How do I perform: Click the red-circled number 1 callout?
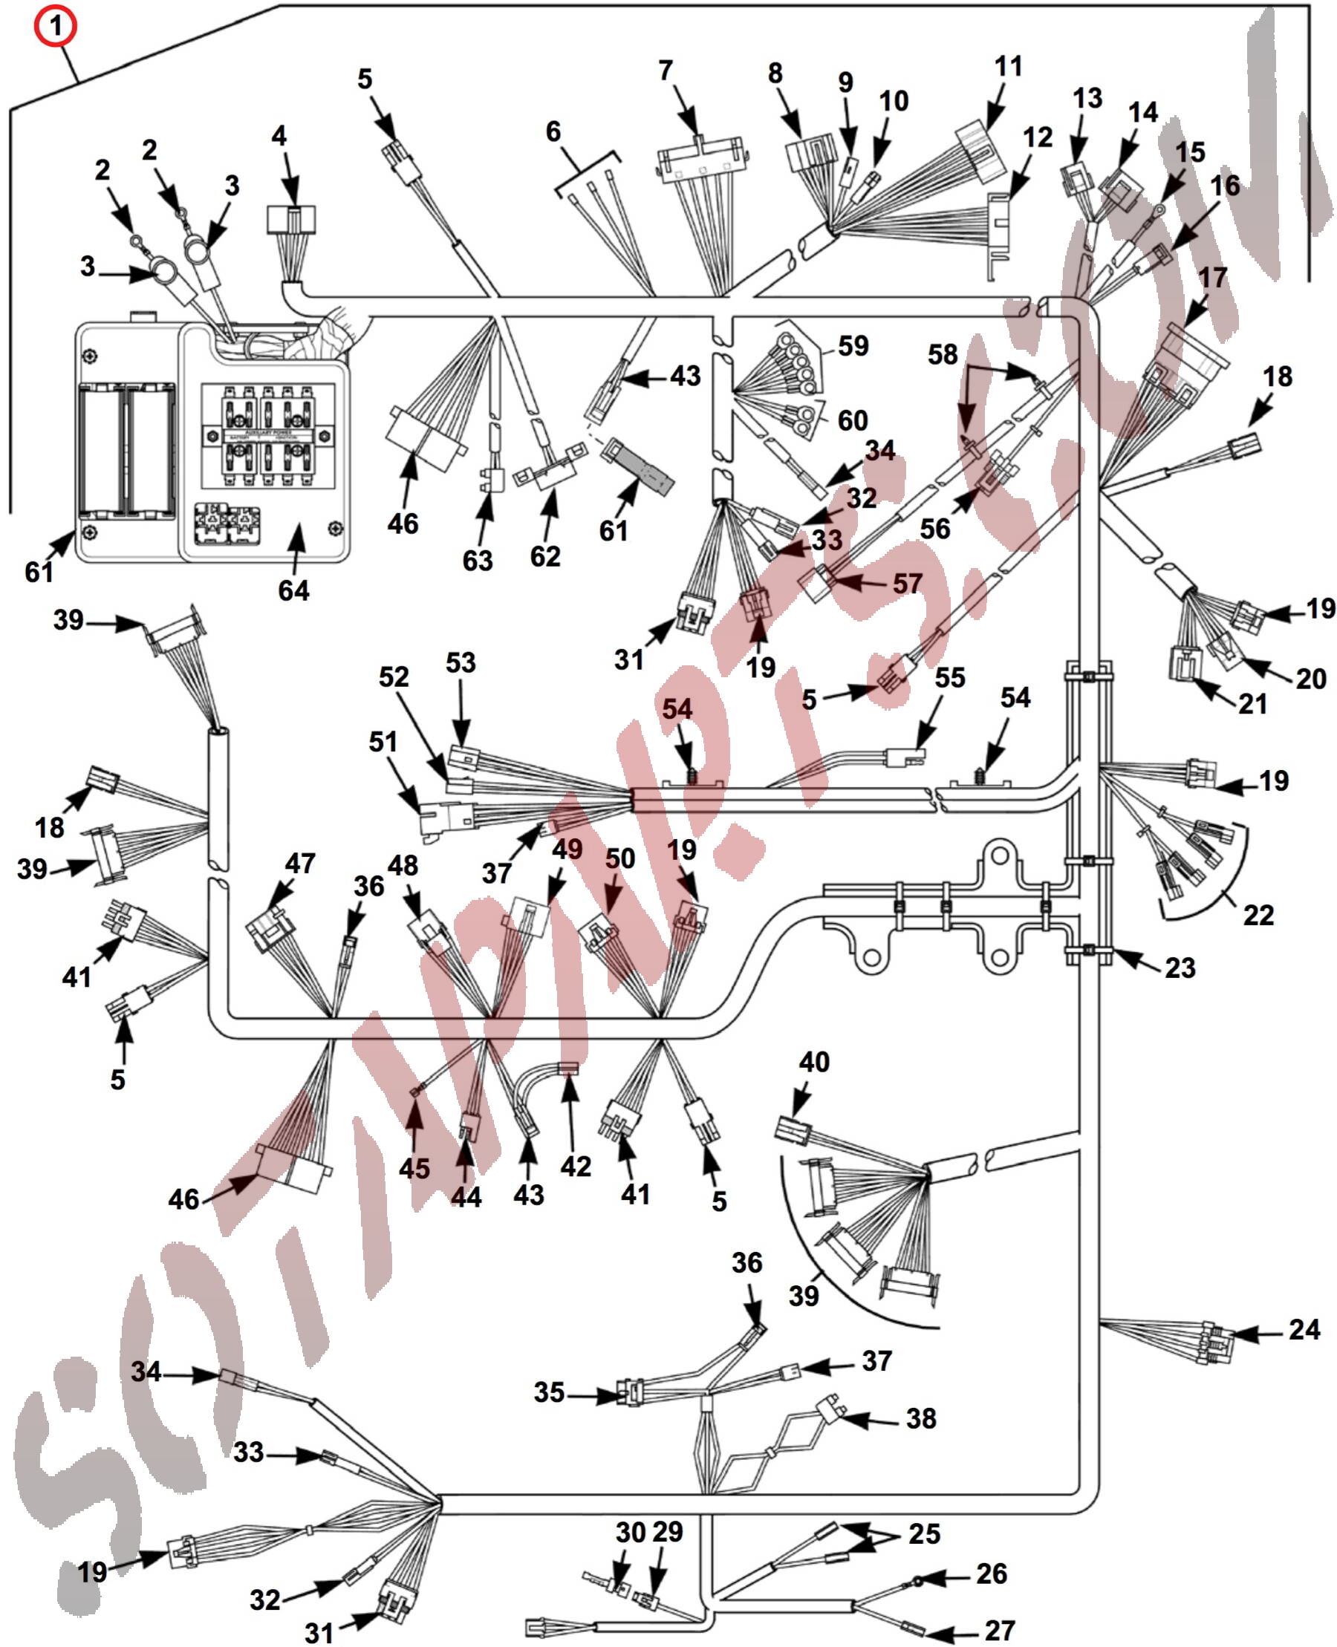point(55,25)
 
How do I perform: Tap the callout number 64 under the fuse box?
point(293,590)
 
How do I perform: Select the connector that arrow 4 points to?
point(290,218)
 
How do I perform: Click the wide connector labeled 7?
point(700,160)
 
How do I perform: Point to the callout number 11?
point(1008,66)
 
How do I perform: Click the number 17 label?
point(1212,278)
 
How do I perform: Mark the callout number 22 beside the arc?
point(1258,916)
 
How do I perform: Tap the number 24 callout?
point(1304,1330)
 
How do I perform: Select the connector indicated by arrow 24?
point(1217,1342)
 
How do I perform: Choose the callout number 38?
point(920,1418)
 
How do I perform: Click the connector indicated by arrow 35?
point(629,1393)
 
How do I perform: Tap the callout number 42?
point(576,1167)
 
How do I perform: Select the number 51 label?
point(383,743)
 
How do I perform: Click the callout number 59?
point(853,346)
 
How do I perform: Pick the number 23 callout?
point(1179,968)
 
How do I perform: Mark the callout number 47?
point(299,863)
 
